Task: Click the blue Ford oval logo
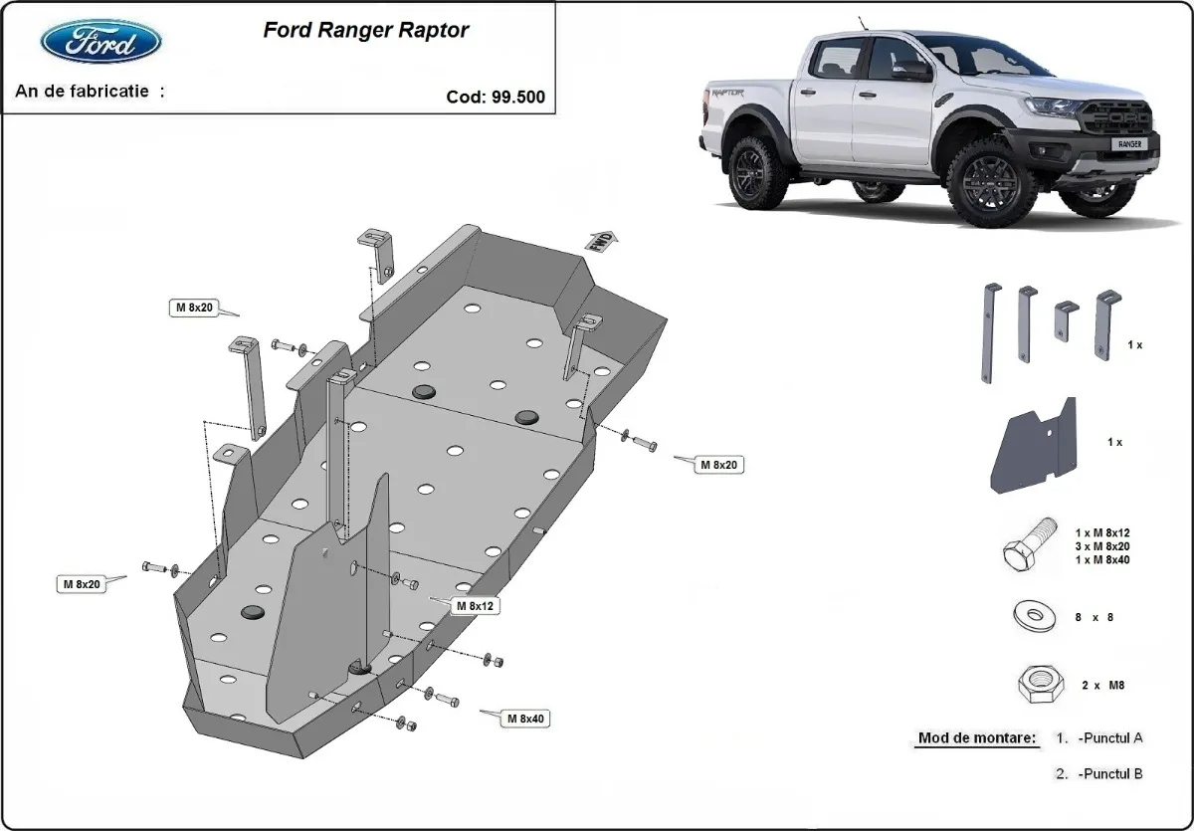[x=100, y=42]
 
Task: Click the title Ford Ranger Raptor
[x=365, y=30]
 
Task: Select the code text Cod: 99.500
[x=496, y=98]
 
